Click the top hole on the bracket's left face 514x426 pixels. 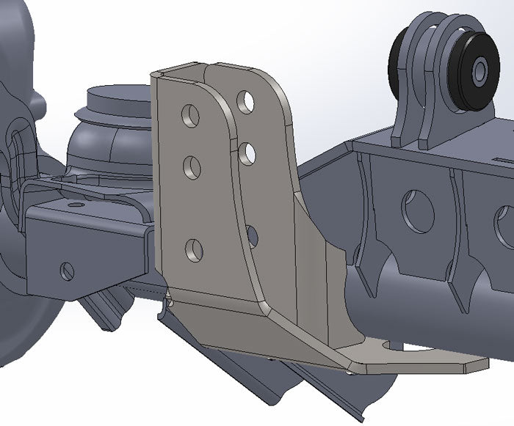(192, 116)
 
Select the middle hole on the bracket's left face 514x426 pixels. (192, 167)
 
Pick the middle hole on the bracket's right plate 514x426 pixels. (247, 152)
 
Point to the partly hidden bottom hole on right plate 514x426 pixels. (252, 235)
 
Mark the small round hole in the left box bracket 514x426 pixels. (68, 270)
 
